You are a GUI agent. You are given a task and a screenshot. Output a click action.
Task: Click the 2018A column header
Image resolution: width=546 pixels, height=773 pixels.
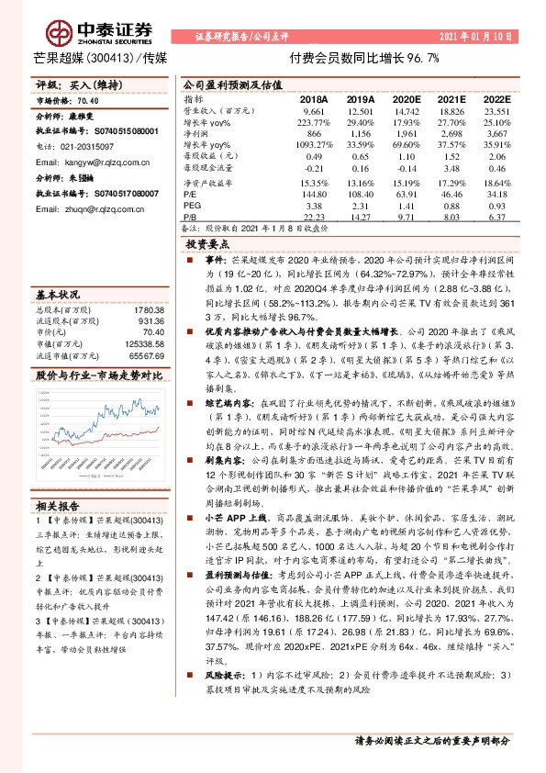pos(315,97)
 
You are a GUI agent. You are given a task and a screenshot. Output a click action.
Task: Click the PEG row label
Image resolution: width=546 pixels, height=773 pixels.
pos(193,207)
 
